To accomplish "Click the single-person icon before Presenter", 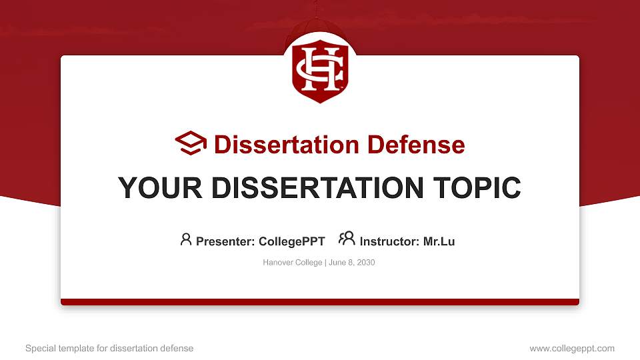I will (186, 239).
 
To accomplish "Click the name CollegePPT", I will (291, 241).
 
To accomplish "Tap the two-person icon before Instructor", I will (347, 239).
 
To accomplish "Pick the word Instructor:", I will (389, 241).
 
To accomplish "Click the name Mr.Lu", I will (439, 241).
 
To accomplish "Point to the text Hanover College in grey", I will (292, 263).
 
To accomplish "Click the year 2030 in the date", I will (366, 263).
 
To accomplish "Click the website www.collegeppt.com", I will (572, 348).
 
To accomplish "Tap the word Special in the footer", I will (39, 348).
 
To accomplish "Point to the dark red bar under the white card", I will (320, 302).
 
